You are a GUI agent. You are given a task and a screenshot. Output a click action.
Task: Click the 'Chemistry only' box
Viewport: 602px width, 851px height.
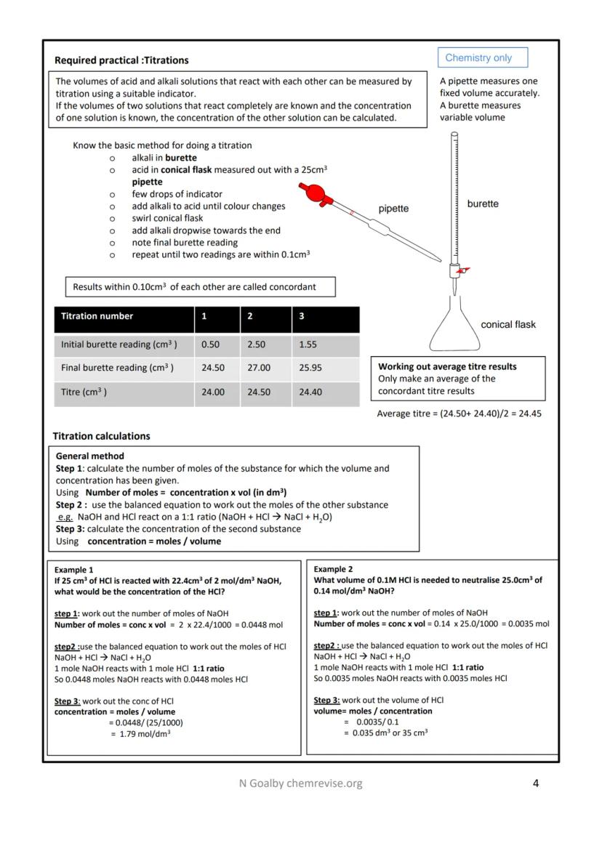(483, 57)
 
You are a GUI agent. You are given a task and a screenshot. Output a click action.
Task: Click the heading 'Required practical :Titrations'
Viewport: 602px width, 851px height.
(121, 60)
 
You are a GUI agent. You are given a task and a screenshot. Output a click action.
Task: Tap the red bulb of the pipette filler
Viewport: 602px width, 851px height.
(313, 193)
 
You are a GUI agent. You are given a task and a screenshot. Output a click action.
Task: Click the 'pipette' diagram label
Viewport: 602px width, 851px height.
(393, 209)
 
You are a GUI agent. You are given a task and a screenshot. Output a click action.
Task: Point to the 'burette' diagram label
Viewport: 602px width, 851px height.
(483, 203)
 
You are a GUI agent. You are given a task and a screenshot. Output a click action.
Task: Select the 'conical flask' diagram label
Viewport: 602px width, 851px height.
(507, 325)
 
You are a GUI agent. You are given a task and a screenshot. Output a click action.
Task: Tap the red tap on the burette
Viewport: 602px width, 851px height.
(462, 270)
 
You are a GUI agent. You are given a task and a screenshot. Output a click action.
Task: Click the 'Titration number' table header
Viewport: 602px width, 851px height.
(97, 316)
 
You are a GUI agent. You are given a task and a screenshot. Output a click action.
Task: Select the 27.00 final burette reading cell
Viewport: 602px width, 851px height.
(259, 368)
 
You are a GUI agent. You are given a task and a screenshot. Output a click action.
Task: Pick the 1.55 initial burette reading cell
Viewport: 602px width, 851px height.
(308, 344)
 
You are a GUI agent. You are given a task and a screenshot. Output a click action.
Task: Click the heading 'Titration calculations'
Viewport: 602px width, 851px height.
(101, 436)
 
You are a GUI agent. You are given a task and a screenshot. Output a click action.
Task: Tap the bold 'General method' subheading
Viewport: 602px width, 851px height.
(89, 456)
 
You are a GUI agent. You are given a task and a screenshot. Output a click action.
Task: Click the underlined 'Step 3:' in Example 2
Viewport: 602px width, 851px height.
(326, 700)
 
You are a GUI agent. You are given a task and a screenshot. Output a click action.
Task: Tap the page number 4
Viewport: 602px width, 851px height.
(536, 783)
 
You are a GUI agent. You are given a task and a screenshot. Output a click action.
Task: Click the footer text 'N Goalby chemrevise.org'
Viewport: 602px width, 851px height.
(301, 783)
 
